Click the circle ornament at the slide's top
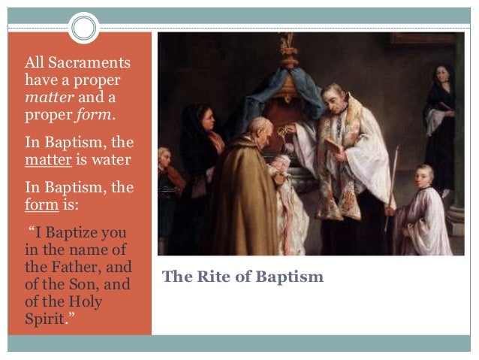point(85,29)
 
